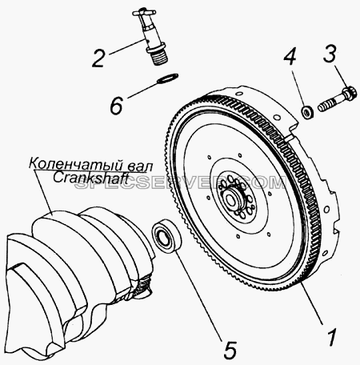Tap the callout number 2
point(98,58)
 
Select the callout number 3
point(330,54)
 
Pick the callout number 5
point(229,350)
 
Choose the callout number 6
point(116,106)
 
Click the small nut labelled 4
point(307,112)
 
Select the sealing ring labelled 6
point(167,78)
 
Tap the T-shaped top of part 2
point(143,13)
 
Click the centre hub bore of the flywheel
point(230,199)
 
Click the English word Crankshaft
point(89,178)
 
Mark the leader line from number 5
point(198,295)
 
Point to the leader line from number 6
point(142,89)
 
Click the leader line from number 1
point(312,303)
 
